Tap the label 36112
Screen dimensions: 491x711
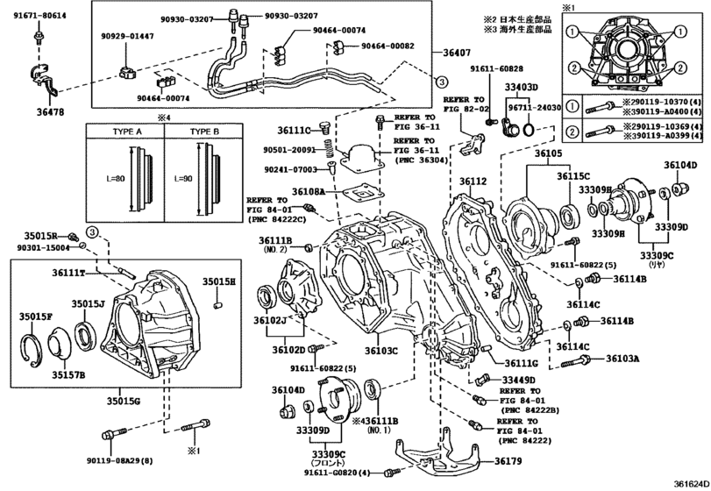473,181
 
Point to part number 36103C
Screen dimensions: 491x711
380,351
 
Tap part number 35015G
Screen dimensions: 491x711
122,402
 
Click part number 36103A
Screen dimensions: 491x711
621,359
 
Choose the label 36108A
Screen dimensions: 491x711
308,190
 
